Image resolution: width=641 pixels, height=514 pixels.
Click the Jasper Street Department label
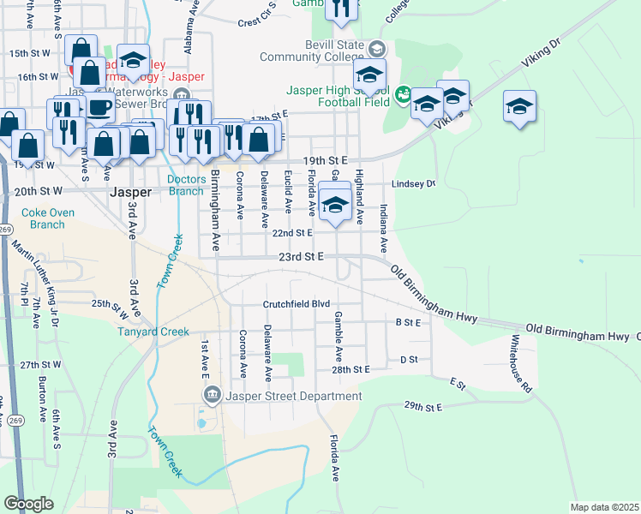(x=293, y=396)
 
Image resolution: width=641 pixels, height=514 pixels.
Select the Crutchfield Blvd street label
(x=297, y=304)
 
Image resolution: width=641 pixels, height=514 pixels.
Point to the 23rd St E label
(x=300, y=256)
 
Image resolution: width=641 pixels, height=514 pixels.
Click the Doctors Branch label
(x=186, y=185)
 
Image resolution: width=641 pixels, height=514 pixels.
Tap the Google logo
(x=29, y=504)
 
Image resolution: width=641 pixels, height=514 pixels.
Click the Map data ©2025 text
(x=605, y=507)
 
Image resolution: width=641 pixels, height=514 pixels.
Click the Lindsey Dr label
(x=414, y=184)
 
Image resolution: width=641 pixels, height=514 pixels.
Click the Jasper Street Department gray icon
(x=212, y=395)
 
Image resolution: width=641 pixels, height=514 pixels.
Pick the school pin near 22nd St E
(x=335, y=204)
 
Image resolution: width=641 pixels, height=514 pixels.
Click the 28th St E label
(x=350, y=369)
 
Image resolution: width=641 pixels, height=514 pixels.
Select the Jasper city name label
(x=131, y=193)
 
